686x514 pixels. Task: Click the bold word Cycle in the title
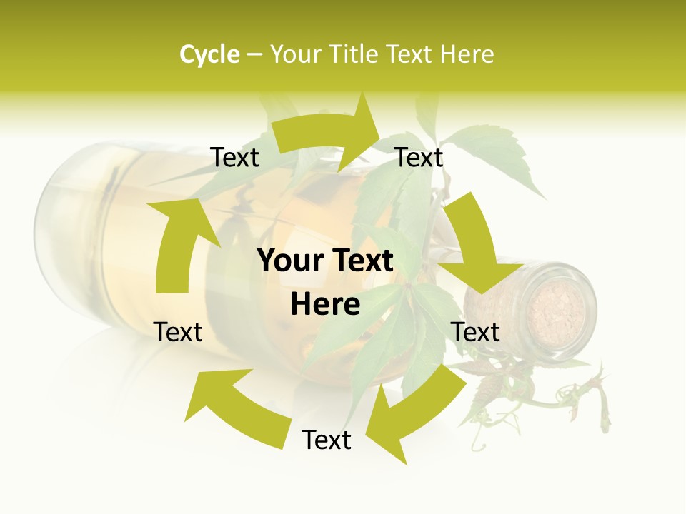(x=209, y=54)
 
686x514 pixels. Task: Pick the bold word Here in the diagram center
(x=325, y=305)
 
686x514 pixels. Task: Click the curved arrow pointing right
(x=329, y=132)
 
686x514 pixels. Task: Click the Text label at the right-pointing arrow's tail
(x=234, y=158)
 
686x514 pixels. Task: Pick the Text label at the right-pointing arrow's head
(x=419, y=158)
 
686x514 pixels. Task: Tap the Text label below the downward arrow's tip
(x=475, y=332)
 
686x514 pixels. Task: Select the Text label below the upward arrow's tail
(x=178, y=332)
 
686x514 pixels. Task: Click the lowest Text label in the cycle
(x=327, y=440)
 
